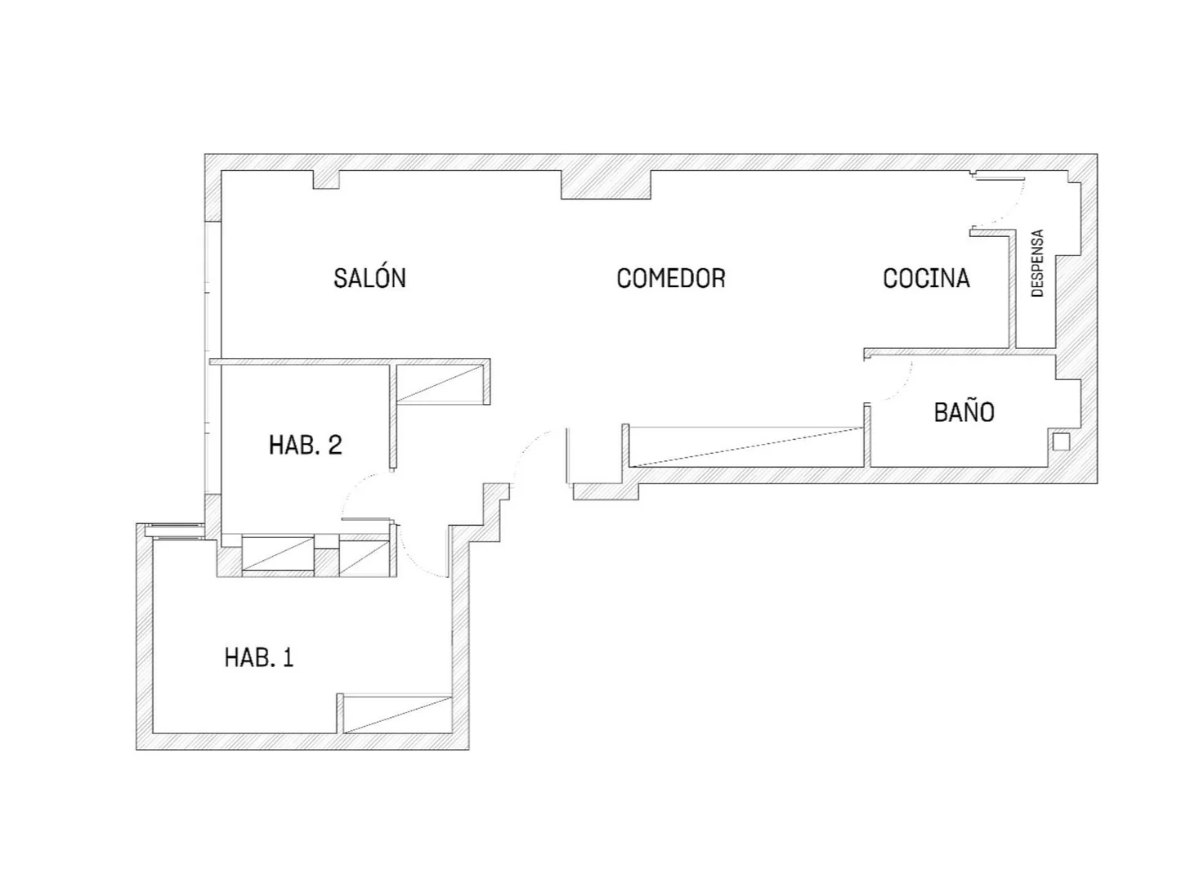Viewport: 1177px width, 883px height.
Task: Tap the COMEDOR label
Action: click(671, 278)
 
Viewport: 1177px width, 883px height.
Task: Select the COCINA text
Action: click(926, 278)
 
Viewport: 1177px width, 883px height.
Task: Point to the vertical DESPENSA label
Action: click(1037, 262)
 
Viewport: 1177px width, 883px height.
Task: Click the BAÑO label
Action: click(964, 412)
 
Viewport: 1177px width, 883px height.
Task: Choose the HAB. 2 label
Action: click(305, 445)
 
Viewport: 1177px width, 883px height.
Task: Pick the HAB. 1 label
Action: click(259, 657)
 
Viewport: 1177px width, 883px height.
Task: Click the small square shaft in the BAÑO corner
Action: click(1061, 441)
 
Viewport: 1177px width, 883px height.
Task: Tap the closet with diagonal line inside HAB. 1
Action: click(397, 714)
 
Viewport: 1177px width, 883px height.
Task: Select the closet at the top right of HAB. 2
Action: click(440, 383)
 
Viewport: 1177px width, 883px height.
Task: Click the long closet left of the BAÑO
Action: click(745, 446)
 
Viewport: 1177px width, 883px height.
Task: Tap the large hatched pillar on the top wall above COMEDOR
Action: click(606, 185)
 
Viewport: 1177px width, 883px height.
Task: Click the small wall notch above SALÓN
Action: click(326, 180)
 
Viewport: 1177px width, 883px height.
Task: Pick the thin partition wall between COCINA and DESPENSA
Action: click(1013, 289)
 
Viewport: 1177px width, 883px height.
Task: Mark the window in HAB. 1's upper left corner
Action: click(176, 531)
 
